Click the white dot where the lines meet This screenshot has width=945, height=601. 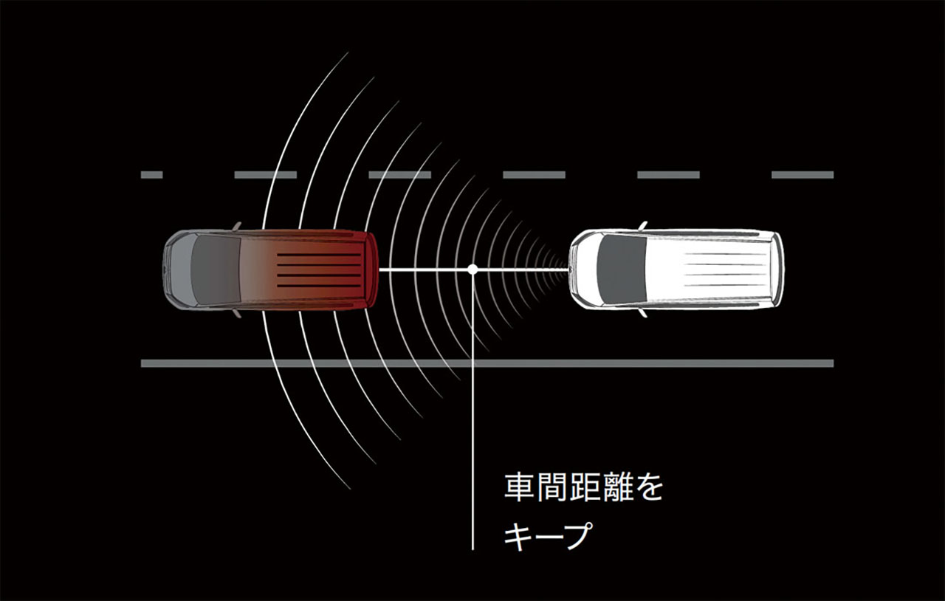coord(472,269)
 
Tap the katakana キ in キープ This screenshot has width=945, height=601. coord(518,535)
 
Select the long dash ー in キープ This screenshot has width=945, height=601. coord(549,536)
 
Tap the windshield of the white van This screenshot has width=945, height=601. coord(622,269)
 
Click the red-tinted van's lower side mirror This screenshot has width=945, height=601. coord(237,313)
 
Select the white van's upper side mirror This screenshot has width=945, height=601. coord(643,226)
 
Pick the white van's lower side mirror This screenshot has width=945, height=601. coord(643,313)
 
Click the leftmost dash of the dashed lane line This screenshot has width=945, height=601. coord(152,175)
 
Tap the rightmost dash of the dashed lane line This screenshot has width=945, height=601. coord(803,175)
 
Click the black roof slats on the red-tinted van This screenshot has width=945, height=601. coord(319,270)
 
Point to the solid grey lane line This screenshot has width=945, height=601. coord(487,363)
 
